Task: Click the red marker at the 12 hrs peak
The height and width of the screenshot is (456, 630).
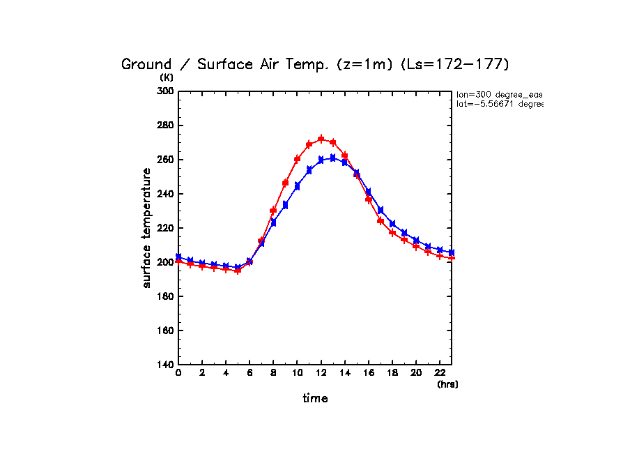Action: pos(321,139)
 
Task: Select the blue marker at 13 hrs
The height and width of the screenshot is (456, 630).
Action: pos(333,158)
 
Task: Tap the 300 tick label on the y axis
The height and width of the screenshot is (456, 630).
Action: pos(164,91)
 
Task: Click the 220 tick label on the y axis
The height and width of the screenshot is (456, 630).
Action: pos(164,228)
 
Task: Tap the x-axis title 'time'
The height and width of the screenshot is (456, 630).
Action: pos(315,399)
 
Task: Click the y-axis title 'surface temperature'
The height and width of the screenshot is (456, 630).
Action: pos(147,228)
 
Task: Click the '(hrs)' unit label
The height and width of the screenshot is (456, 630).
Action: pos(447,384)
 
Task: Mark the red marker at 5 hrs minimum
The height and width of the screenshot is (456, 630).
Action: pos(238,271)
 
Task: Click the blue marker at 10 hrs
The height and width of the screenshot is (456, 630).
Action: pos(298,186)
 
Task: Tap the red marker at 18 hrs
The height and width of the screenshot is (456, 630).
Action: pos(392,232)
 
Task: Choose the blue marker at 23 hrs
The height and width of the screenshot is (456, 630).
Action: pos(452,252)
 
